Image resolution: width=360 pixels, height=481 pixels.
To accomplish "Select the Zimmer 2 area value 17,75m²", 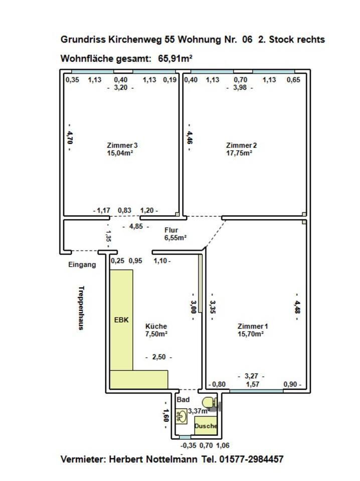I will (x=239, y=153).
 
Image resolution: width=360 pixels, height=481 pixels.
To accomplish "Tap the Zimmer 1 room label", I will (x=250, y=326).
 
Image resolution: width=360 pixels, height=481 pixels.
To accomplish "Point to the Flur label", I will (x=171, y=230).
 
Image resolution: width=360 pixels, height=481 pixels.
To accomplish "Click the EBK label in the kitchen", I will (x=121, y=319).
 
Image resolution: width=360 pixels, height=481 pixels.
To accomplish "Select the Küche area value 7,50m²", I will (x=156, y=334).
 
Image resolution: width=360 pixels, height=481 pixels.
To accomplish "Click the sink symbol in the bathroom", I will (x=182, y=416).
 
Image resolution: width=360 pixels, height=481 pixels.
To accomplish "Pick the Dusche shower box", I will (x=206, y=425).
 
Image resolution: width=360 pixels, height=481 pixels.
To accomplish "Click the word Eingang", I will (x=82, y=265).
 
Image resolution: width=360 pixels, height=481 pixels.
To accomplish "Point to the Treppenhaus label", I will (x=81, y=308).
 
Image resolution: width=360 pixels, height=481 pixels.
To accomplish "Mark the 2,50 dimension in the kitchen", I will (x=158, y=357).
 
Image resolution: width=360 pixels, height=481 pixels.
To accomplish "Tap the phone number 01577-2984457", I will (x=251, y=459).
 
